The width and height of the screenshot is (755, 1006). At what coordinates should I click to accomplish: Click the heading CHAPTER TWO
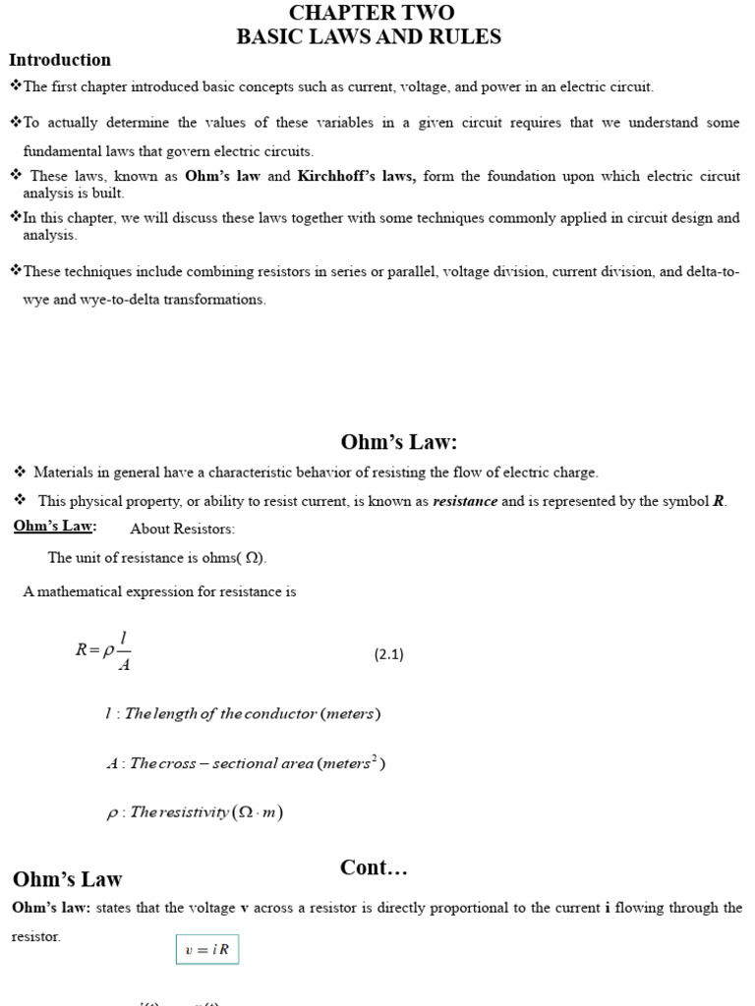[x=371, y=13]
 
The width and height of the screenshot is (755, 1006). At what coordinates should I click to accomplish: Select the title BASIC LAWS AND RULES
[x=369, y=37]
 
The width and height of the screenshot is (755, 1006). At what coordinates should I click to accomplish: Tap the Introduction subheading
[x=60, y=60]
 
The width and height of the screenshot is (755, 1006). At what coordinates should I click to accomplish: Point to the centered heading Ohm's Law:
[x=399, y=442]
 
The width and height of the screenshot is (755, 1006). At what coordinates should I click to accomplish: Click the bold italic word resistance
[x=465, y=501]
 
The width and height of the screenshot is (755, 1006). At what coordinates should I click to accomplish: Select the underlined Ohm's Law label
[x=54, y=527]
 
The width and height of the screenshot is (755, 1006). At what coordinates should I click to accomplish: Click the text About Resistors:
[x=182, y=529]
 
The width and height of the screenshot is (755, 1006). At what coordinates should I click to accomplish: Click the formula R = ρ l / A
[x=104, y=649]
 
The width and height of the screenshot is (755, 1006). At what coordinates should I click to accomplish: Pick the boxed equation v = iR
[x=207, y=950]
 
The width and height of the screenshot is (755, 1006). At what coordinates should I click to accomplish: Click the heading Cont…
[x=374, y=867]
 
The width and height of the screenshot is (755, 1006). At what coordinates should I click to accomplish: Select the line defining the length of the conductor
[x=242, y=713]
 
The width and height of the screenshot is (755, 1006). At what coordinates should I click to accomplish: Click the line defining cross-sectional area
[x=245, y=763]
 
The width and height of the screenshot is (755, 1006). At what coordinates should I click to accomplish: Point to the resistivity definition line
[x=195, y=812]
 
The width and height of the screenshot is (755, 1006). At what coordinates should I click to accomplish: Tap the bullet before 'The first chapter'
[x=15, y=86]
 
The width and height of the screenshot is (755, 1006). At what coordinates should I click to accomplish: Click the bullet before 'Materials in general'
[x=20, y=473]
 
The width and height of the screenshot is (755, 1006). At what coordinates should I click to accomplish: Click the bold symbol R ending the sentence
[x=719, y=501]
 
